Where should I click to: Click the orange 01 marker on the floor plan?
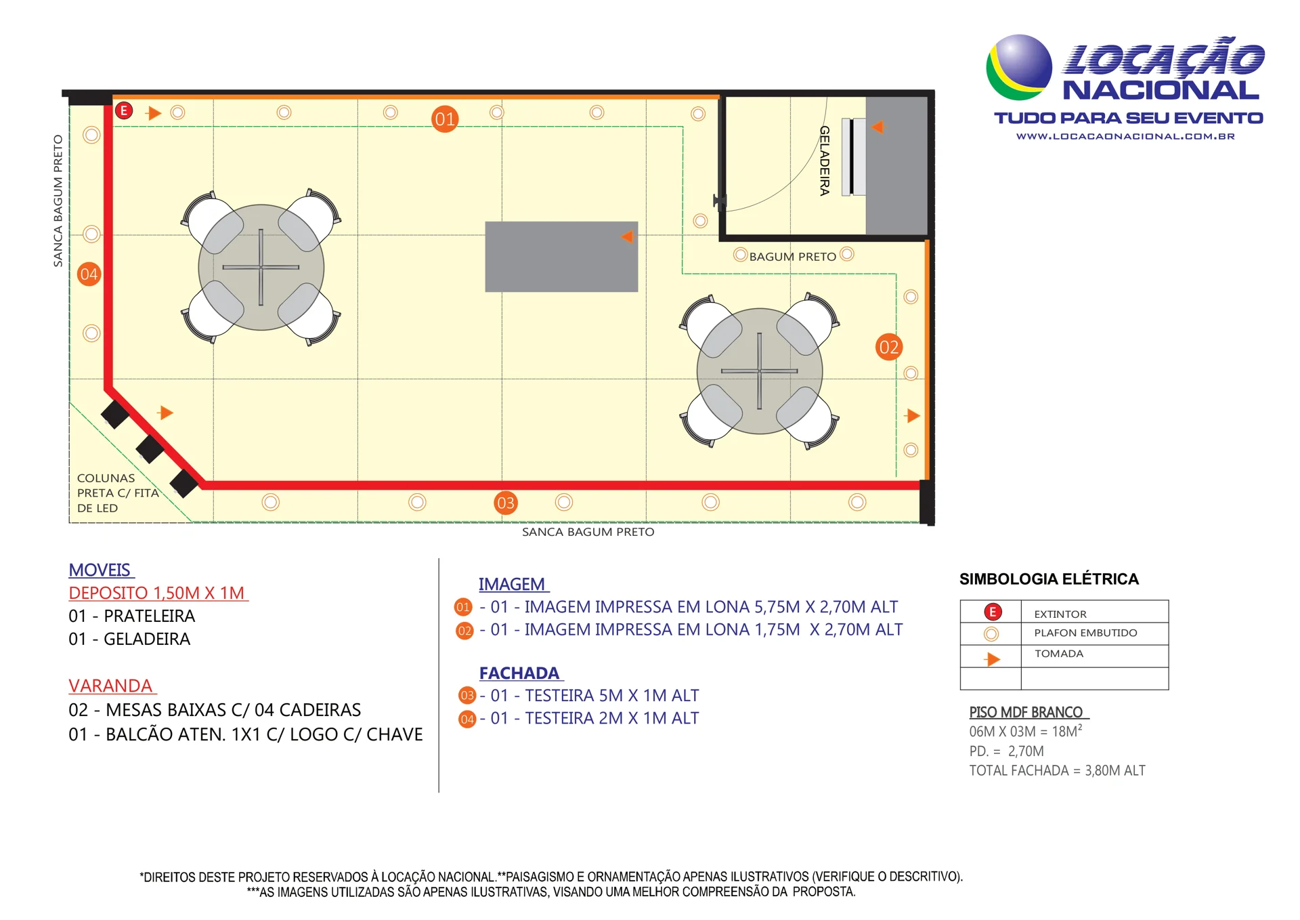point(445,119)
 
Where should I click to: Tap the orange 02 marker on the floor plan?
point(888,348)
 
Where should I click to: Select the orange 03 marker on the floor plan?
point(506,503)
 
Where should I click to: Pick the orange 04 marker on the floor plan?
point(89,274)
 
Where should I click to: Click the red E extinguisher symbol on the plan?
point(124,110)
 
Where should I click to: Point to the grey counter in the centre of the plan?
point(561,257)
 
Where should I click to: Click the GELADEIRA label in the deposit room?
point(824,161)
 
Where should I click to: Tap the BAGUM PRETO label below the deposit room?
point(792,257)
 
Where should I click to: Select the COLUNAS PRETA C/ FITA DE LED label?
point(118,493)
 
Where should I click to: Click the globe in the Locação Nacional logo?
point(1019,67)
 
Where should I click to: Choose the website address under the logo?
point(1125,136)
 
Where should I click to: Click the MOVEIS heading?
point(100,570)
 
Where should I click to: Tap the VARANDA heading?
point(111,686)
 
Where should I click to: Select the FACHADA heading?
point(520,673)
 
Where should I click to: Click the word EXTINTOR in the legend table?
point(1060,614)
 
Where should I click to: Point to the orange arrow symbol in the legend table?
point(993,659)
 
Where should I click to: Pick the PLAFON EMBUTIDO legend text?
point(1085,633)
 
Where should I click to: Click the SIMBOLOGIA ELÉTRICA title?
point(1049,579)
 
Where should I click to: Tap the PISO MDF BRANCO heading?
point(1026,712)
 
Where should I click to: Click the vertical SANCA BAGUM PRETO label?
point(58,201)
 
